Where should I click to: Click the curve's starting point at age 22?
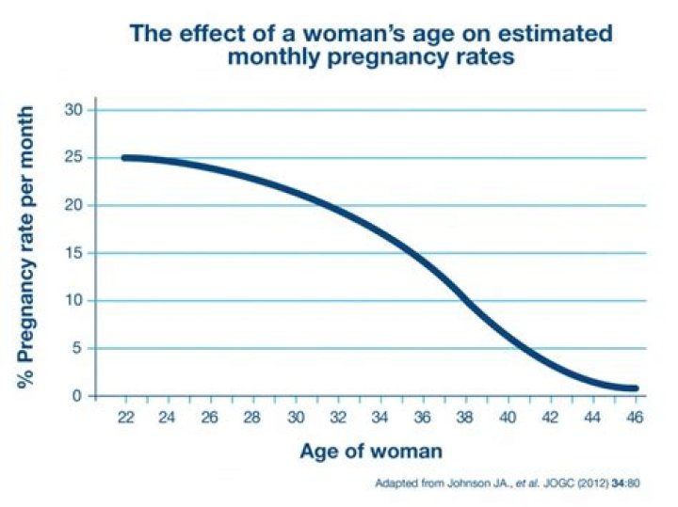[126, 157]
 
